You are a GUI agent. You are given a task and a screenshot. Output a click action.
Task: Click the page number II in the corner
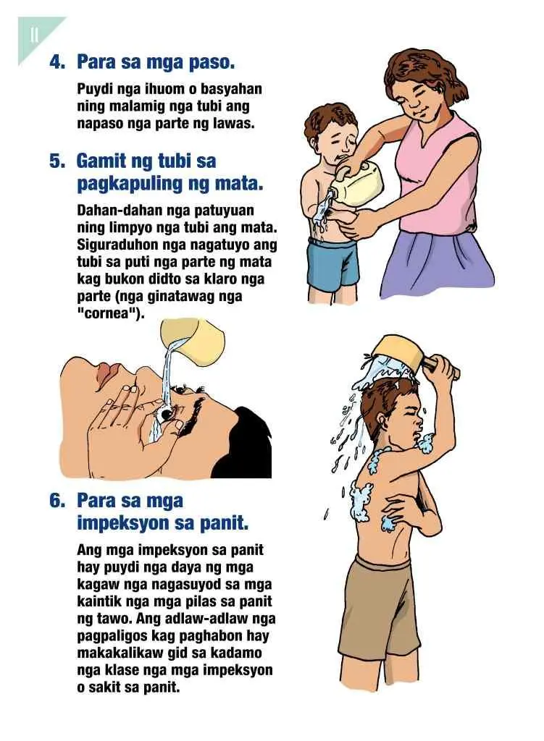tap(34, 35)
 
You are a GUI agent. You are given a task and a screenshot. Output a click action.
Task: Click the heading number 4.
tap(57, 62)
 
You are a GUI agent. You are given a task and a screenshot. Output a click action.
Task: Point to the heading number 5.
tap(57, 161)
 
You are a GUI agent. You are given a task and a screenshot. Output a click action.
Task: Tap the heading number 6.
tap(57, 501)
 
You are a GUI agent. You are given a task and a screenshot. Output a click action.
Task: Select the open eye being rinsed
tap(166, 415)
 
